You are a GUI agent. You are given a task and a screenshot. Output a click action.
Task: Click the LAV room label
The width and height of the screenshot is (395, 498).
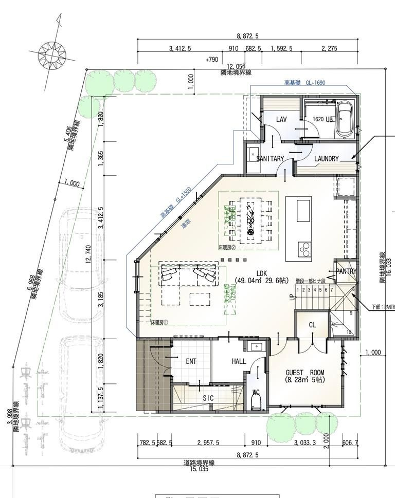tap(281, 120)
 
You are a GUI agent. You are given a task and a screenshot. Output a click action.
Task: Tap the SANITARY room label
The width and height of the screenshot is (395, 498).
tap(270, 159)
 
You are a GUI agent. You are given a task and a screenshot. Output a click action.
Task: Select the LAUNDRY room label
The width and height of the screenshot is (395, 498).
tap(327, 159)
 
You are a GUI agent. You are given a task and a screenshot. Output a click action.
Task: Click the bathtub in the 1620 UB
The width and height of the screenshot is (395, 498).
tap(344, 119)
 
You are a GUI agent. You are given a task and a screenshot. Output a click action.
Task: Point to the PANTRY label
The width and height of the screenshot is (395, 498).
tap(346, 271)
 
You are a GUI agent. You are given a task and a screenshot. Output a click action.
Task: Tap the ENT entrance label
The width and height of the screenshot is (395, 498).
tap(191, 362)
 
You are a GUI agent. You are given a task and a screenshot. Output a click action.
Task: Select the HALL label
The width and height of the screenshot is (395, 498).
tap(239, 362)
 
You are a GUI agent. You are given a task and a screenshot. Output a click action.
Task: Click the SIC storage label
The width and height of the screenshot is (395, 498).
tap(208, 398)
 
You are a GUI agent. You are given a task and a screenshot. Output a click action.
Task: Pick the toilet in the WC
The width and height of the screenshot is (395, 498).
tap(256, 402)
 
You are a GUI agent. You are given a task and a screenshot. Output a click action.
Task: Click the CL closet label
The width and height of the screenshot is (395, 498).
tap(312, 325)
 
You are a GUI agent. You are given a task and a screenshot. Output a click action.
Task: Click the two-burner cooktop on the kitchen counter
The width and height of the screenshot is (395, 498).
tap(304, 250)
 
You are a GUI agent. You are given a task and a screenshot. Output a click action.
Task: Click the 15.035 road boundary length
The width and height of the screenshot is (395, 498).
tap(200, 469)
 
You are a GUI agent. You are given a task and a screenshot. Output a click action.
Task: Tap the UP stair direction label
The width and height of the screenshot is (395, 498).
tap(292, 297)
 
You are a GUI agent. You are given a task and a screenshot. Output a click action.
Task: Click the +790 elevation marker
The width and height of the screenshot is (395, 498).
tap(211, 60)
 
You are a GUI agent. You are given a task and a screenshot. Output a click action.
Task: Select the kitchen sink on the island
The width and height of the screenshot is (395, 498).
tap(303, 210)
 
